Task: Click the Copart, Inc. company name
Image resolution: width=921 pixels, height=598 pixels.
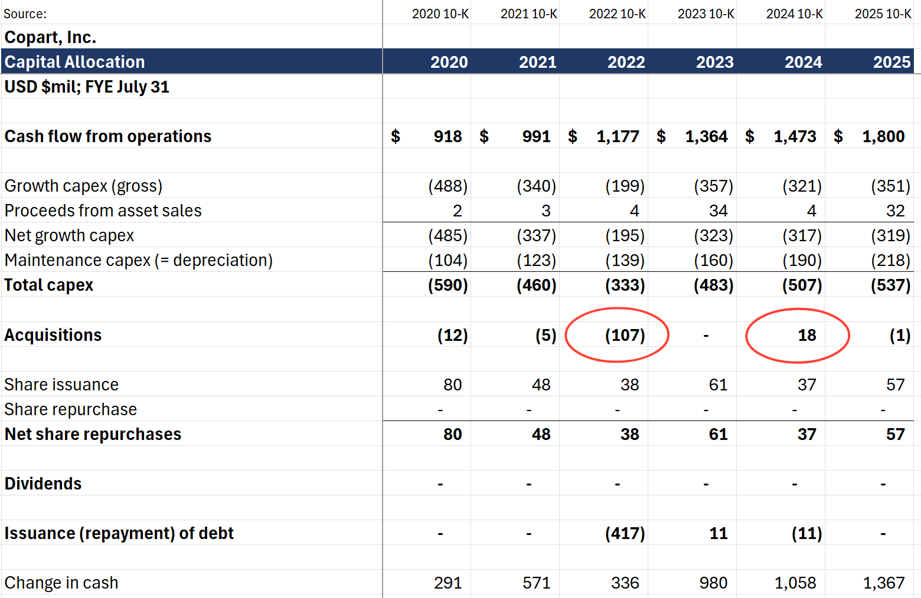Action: point(50,37)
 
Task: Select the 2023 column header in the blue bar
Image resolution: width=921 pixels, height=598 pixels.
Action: point(714,62)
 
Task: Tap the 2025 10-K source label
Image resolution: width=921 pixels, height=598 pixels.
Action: point(883,14)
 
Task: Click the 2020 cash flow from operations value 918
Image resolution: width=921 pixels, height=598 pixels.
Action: point(448,136)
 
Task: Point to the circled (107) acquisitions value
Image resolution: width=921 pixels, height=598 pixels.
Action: point(625,335)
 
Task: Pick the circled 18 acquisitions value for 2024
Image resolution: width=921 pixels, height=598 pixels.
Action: point(806,335)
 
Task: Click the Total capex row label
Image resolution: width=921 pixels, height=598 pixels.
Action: point(48,285)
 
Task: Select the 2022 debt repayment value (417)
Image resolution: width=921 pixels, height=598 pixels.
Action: point(625,533)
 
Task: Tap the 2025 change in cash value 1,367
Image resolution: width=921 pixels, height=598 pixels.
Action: point(884,583)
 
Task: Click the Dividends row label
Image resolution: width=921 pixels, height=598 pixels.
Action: point(43,484)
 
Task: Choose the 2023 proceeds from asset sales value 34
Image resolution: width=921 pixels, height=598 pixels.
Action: point(718,211)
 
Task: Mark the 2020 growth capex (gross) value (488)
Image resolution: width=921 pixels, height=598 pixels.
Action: point(448,186)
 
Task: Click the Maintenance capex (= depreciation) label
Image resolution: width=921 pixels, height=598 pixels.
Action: point(139,261)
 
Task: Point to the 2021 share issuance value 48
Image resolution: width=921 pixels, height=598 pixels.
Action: point(541,385)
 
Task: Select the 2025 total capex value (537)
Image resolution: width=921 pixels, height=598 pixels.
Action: point(890,285)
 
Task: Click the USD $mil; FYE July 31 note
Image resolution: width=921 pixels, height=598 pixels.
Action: point(87,87)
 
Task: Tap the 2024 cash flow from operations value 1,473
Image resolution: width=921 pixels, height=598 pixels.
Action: point(795,136)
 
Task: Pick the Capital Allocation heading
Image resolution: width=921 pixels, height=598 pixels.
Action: point(74,62)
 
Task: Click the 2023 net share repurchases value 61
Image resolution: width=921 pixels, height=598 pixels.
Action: point(718,434)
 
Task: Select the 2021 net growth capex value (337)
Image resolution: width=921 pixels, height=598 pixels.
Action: point(536,236)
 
